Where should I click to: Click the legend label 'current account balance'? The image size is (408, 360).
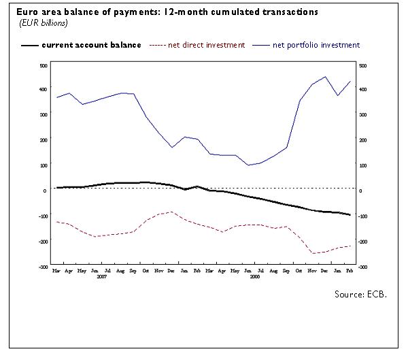(91, 46)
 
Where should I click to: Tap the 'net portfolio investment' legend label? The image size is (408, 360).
(316, 46)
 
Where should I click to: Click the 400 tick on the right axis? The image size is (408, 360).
(362, 90)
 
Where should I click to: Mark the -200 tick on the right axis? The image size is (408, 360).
(363, 242)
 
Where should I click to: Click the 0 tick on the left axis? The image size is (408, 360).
(44, 191)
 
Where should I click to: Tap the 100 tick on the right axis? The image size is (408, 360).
(362, 165)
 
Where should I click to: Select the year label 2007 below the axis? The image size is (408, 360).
(102, 277)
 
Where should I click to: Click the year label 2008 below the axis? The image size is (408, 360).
(255, 277)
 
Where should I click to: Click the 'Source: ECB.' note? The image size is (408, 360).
(360, 294)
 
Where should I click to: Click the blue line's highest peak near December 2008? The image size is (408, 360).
(325, 77)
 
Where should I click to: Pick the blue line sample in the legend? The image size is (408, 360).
(260, 46)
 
